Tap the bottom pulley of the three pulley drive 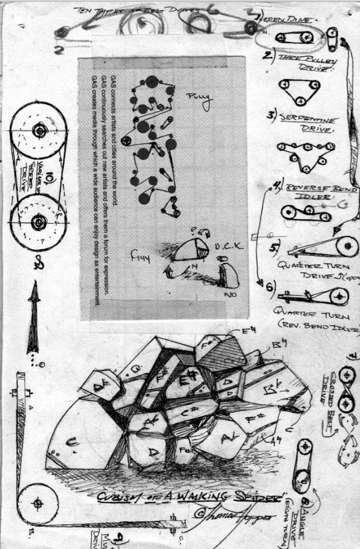[301, 101]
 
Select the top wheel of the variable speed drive [38, 131]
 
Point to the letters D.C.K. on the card [228, 247]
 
